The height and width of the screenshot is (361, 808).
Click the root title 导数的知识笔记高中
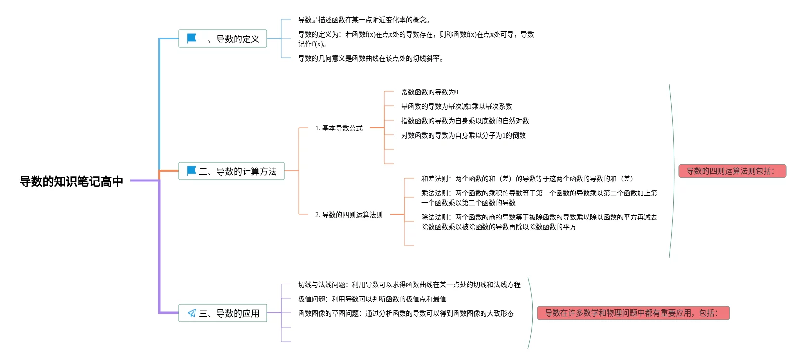71,181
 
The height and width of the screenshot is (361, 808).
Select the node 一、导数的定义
222,39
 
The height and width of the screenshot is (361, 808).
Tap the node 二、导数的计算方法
231,171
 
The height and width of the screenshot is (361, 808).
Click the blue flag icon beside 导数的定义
191,38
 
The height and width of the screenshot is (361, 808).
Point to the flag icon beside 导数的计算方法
191,170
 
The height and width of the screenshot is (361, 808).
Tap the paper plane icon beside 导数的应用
192,313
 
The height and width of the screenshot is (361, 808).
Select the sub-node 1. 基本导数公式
339,128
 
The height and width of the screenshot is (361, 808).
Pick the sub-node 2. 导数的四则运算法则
349,215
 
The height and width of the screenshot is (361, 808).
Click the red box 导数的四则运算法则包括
732,171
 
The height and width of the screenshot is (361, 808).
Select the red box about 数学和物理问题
633,313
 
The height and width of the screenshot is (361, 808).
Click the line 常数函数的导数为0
430,92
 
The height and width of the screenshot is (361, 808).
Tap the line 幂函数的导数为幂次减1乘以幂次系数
456,106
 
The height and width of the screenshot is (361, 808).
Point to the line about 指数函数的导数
465,121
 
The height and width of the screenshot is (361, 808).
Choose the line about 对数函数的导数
463,135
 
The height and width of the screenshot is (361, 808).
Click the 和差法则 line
527,179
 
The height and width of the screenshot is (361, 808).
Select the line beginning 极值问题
372,299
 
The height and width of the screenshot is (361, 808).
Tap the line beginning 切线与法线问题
409,284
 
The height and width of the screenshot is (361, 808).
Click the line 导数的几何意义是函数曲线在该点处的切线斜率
370,58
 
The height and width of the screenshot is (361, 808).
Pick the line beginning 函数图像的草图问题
405,313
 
